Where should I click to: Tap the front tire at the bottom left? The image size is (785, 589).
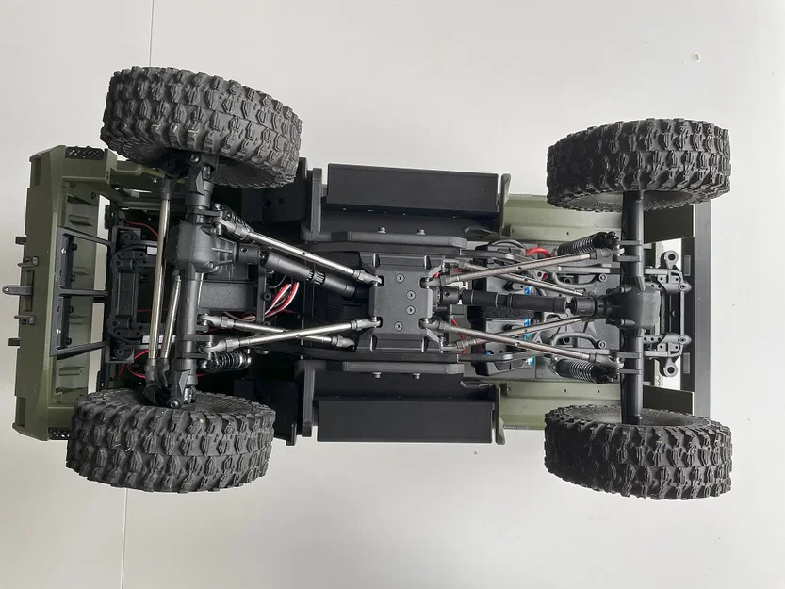pyautogui.click(x=170, y=441)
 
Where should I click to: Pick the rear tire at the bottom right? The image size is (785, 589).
pyautogui.click(x=638, y=451)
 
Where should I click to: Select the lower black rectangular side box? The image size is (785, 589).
pyautogui.click(x=405, y=418)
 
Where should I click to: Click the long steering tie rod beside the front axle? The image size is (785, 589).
pyautogui.click(x=163, y=283)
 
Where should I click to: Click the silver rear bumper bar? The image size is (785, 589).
pyautogui.click(x=701, y=311)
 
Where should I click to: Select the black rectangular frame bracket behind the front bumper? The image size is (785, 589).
pyautogui.click(x=74, y=292)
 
